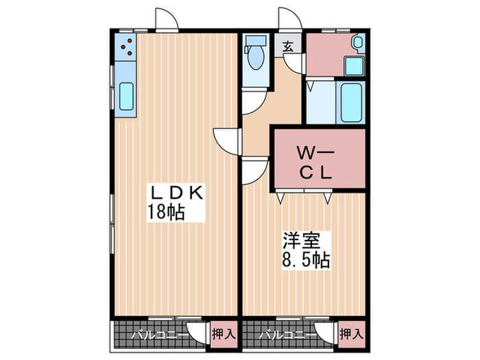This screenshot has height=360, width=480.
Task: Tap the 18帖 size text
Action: point(166,213)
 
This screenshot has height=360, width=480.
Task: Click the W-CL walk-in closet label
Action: point(314,162)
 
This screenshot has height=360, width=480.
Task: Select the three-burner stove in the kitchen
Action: point(126,46)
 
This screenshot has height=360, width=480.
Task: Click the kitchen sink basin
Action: point(127,96)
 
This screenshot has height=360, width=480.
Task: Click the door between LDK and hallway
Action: point(227,141)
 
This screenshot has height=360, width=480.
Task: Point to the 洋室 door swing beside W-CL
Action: point(254,169)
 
